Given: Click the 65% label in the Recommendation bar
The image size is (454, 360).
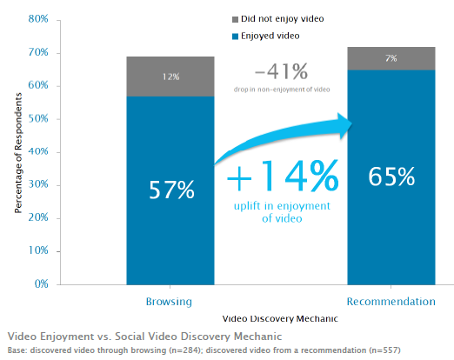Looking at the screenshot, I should (391, 177).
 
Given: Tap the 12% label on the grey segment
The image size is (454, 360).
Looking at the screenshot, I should (170, 77).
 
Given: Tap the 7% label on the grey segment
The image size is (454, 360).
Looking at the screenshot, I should (391, 58).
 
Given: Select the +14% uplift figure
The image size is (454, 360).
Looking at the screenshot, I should (282, 178).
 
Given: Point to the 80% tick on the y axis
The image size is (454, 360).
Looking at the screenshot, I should (37, 19).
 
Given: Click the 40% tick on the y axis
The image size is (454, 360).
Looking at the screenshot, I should (37, 151).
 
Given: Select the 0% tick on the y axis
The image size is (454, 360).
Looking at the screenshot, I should (40, 284).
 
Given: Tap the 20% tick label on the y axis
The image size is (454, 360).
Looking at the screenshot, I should (37, 218).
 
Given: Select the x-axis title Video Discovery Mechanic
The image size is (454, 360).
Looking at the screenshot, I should (281, 319).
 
